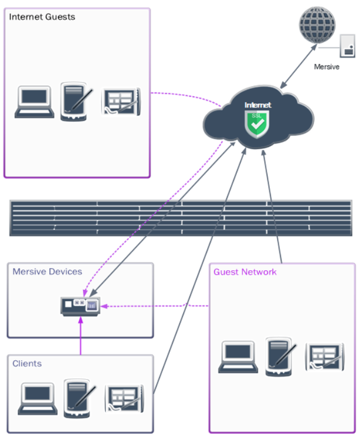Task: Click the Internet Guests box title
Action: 42,17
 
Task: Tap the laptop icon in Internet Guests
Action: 35,102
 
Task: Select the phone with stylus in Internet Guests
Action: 74,101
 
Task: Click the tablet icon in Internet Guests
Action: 120,102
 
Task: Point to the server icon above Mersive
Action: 348,46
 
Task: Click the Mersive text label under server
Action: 326,66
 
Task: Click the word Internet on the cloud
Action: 258,105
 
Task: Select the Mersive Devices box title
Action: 47,272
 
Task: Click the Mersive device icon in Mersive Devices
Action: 80,306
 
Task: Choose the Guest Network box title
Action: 245,272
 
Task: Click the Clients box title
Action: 27,364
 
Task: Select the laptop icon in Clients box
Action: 37,398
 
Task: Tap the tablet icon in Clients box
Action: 125,399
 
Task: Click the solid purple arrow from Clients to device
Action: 80,336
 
